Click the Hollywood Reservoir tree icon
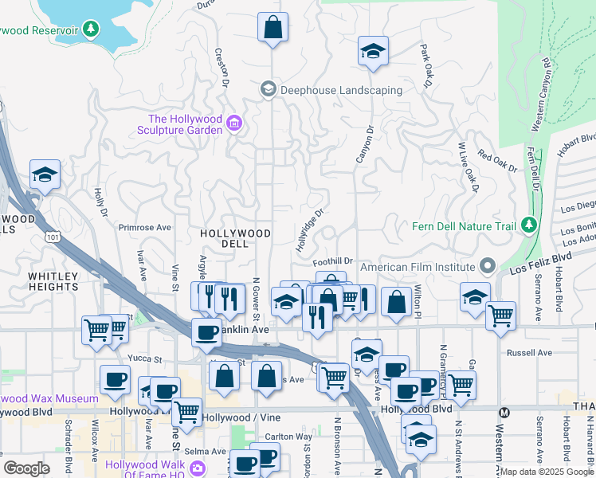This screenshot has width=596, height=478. (92, 29)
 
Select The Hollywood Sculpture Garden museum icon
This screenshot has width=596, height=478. (234, 123)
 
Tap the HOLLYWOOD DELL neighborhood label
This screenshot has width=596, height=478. (235, 233)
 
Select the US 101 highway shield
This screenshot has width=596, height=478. (53, 237)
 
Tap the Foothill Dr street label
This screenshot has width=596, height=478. (333, 261)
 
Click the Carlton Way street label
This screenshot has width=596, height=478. (288, 437)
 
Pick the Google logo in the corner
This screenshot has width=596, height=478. (26, 468)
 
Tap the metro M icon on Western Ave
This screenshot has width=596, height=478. (504, 412)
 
